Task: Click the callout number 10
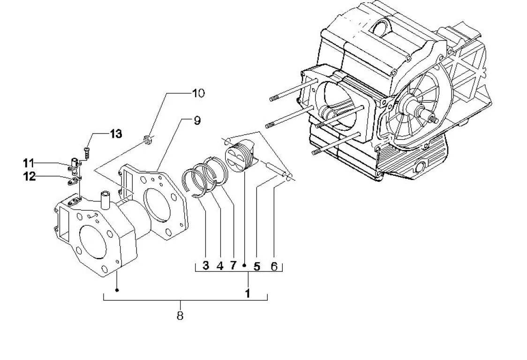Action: tap(198, 93)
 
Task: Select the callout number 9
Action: tap(197, 120)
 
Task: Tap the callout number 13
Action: tap(116, 134)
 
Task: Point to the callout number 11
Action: tap(29, 164)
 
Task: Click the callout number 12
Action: tap(29, 176)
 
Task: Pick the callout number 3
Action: tap(206, 265)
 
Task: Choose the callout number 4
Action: tap(220, 266)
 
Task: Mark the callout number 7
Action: tap(233, 265)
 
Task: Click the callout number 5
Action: tap(257, 267)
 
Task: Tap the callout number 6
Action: tap(274, 267)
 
